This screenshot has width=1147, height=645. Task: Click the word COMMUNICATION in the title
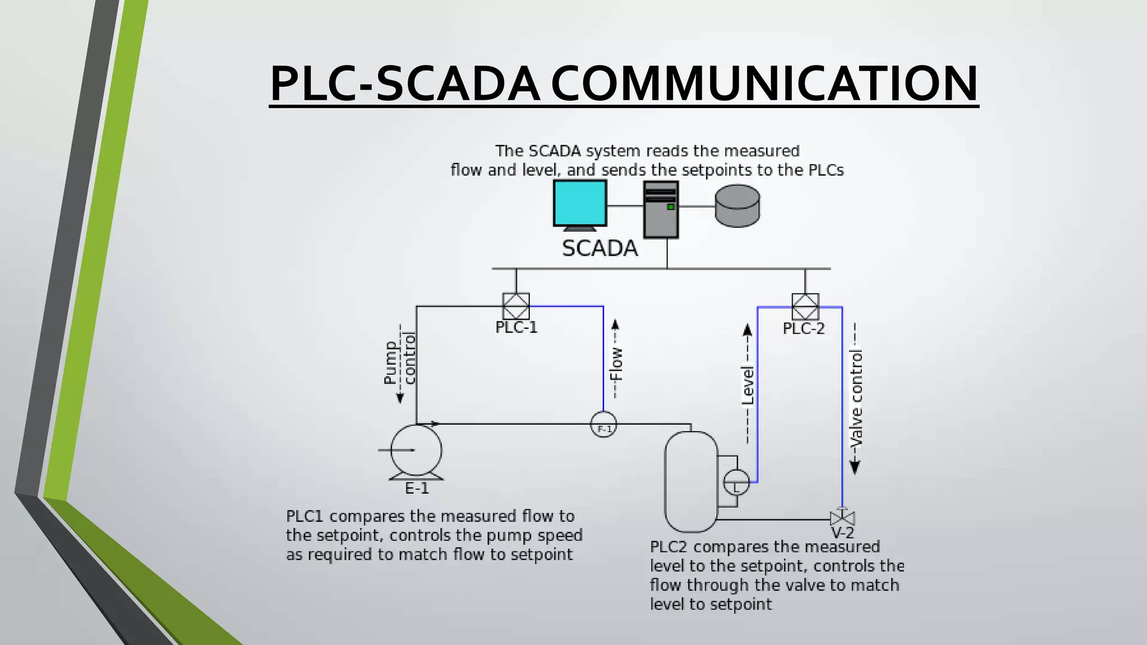coord(764,83)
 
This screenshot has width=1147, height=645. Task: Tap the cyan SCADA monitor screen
coord(580,202)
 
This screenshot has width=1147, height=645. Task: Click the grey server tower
coord(661,209)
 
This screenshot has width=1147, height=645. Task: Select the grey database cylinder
coord(738,206)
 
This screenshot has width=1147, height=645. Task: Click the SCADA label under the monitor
coord(600,249)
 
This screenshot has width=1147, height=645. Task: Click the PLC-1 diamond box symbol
coord(516,306)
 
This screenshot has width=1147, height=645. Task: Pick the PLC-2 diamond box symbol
coord(805,307)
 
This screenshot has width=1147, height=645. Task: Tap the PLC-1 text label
coord(516,328)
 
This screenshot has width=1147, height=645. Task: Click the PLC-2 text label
coord(804,329)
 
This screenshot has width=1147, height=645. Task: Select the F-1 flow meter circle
coord(604,425)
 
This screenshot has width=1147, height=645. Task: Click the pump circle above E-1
coord(416,450)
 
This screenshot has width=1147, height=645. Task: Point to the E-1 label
coord(417,489)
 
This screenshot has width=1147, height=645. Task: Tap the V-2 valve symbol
coord(842,517)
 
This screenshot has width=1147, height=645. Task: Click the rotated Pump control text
coord(399,363)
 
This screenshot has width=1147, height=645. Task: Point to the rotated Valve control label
coord(856,398)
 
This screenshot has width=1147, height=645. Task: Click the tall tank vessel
coord(691,482)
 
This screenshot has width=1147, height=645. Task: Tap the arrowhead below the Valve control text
coord(855,468)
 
